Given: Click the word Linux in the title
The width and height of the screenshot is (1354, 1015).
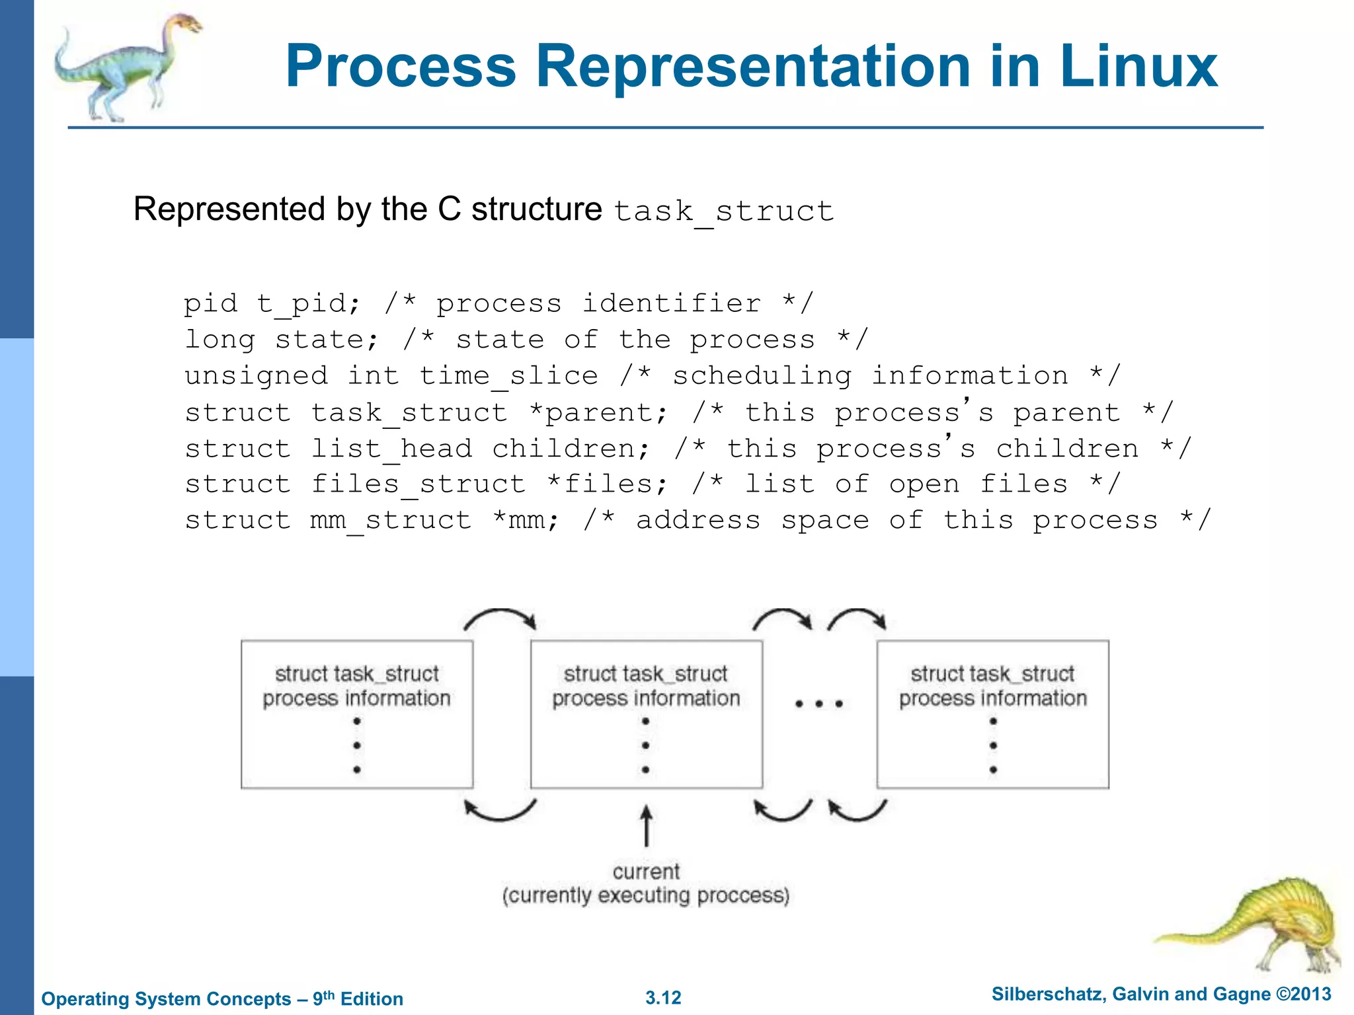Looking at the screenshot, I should click(1138, 66).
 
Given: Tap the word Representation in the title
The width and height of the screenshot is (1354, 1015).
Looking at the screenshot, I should click(752, 66).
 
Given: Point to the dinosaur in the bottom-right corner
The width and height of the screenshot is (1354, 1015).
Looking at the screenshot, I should click(1256, 925).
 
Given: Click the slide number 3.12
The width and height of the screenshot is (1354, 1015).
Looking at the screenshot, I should click(663, 998).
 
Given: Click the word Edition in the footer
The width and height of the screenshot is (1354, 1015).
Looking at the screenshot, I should click(372, 998).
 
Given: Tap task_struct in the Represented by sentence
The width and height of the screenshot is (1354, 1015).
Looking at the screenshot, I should click(723, 211).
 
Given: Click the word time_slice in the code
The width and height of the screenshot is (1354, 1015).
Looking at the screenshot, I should click(509, 376).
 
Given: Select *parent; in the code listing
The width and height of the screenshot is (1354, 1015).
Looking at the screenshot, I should click(599, 413).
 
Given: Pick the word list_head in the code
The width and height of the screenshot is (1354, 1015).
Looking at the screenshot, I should click(391, 449).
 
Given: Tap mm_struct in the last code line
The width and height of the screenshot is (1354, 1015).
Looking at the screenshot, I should click(391, 521).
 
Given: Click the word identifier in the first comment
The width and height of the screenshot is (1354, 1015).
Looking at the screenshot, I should click(671, 304).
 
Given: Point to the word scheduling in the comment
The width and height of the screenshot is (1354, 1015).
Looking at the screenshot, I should click(762, 376).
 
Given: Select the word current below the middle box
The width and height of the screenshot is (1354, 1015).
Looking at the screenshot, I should click(646, 872).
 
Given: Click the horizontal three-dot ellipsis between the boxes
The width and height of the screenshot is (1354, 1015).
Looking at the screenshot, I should click(819, 704).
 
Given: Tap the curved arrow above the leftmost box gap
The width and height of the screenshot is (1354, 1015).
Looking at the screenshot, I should click(500, 619).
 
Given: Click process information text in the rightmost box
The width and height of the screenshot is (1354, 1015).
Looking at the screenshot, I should click(992, 698).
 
